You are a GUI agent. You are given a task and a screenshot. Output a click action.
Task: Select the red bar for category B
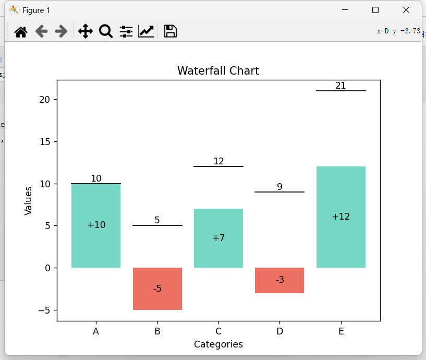tap(157, 300)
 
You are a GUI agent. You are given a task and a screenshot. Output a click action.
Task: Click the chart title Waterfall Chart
tap(218, 71)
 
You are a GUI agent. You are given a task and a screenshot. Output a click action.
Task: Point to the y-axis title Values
tap(29, 200)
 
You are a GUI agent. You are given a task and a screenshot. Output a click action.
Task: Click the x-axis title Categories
tap(218, 344)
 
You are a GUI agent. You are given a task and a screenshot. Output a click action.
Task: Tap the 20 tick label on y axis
tap(44, 100)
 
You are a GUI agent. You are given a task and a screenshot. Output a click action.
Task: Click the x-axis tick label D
tap(279, 331)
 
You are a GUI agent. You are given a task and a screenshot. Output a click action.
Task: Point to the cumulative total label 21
tap(340, 86)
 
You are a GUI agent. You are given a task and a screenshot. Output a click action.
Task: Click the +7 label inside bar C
tap(218, 238)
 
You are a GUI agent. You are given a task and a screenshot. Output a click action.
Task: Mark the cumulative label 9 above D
tap(279, 187)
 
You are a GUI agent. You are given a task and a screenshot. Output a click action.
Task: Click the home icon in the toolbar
tap(21, 32)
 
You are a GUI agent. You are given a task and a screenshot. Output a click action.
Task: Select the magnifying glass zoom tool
tap(106, 32)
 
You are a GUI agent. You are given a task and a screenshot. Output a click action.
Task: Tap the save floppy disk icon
tap(170, 32)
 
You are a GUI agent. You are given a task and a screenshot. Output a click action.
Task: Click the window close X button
tap(406, 10)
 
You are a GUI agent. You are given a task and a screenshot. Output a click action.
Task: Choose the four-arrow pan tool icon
tap(85, 32)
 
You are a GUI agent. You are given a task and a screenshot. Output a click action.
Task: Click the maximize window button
tap(375, 10)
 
